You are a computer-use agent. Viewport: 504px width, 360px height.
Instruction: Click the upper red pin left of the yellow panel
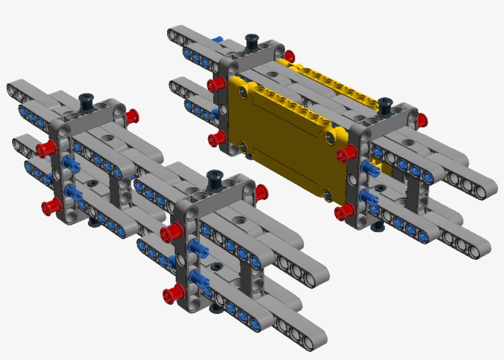coord(215,85)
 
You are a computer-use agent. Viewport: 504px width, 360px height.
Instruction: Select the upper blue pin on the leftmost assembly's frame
coord(69,163)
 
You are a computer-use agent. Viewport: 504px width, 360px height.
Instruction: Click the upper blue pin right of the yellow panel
coord(368,166)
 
